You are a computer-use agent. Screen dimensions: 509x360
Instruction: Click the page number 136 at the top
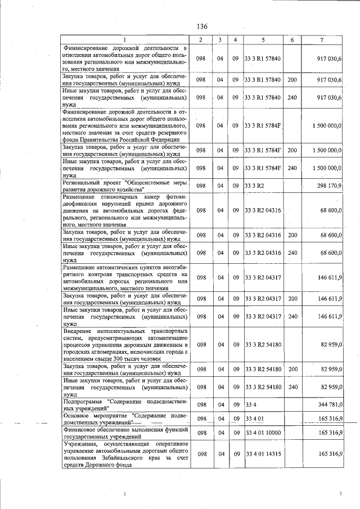tap(202, 26)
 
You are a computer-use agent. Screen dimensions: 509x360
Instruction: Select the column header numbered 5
tap(263, 39)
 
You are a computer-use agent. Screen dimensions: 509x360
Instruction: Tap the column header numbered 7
tap(321, 39)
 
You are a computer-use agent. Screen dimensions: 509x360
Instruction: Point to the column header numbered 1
tap(125, 39)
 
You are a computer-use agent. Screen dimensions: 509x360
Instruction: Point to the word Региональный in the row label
tap(85, 182)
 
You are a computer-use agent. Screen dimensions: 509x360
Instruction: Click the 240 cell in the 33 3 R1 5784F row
tap(292, 168)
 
